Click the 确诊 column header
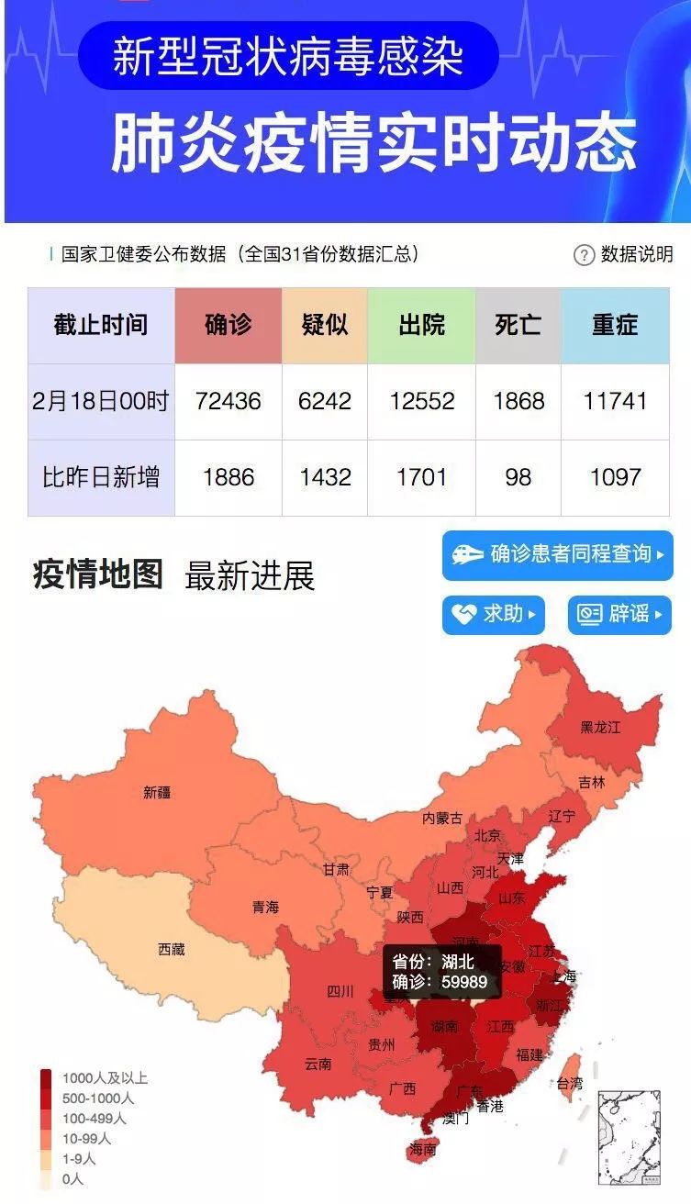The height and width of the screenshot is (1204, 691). (228, 325)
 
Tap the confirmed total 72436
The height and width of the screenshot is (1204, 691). (228, 401)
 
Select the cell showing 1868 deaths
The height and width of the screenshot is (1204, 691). (518, 401)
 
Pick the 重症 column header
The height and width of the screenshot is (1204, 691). (615, 325)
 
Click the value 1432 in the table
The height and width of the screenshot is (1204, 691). (325, 477)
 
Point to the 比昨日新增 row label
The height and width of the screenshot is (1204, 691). (101, 477)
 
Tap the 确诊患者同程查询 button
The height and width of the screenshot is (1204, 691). (557, 554)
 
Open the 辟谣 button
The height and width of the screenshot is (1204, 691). (619, 614)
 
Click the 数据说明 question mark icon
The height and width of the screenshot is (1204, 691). (584, 255)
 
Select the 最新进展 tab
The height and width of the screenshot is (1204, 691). (250, 576)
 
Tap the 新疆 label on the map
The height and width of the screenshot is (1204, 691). (157, 792)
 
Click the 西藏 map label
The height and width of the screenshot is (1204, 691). (172, 949)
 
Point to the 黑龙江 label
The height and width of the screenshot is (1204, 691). (600, 727)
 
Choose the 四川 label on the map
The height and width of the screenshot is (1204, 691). (340, 991)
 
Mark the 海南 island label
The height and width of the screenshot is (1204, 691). (423, 1149)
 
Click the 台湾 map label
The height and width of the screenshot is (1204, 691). (569, 1084)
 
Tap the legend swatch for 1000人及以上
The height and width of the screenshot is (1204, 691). (46, 1078)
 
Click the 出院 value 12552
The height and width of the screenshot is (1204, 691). (421, 401)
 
